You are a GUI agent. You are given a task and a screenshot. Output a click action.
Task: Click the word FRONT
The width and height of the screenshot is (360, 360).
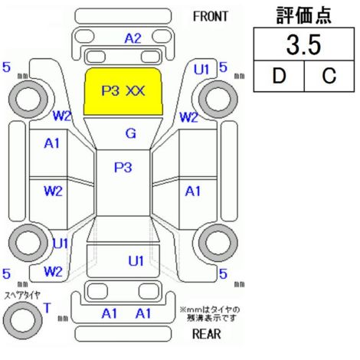coord(210,17)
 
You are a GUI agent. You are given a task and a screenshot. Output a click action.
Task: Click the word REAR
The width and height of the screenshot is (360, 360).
coord(207,334)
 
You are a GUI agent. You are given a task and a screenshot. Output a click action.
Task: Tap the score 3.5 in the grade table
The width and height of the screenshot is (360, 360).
coord(303,44)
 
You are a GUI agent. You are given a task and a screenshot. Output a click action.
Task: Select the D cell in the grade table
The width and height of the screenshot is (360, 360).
coord(279,76)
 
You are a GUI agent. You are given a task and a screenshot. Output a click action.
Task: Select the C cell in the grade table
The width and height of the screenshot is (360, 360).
coord(329,76)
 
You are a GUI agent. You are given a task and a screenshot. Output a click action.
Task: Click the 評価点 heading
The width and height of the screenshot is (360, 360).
coord(304,15)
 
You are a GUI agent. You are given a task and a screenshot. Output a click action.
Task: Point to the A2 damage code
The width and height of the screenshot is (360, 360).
coord(133,38)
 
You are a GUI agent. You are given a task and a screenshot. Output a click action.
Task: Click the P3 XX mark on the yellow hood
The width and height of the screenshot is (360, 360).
coord(123,90)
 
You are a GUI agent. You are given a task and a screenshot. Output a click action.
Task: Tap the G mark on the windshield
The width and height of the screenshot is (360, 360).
coord(131,133)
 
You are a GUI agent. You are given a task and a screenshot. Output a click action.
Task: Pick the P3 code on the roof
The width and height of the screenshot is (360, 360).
coord(123,168)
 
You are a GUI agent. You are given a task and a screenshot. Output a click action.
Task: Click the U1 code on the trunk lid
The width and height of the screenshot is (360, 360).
coord(136,261)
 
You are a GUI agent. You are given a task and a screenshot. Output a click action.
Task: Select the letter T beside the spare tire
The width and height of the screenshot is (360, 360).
coord(47,308)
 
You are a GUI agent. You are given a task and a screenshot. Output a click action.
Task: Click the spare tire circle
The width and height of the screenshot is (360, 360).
coord(23,320)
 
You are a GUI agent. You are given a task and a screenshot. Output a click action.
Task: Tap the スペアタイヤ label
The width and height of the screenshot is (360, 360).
coord(22,296)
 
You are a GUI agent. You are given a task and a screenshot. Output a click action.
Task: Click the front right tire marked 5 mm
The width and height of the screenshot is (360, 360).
coord(218,99)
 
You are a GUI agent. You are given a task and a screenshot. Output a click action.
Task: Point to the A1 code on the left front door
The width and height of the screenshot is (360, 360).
coord(52,143)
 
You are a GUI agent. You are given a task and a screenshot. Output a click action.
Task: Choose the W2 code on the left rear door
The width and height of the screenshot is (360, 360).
coord(53,191)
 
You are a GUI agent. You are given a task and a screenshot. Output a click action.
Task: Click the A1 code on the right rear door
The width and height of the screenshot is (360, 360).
coord(193,191)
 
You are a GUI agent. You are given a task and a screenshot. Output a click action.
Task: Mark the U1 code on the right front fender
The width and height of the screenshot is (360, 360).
coord(201,70)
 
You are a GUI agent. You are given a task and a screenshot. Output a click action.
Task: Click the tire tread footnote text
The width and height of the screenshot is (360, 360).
coord(210,314)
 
